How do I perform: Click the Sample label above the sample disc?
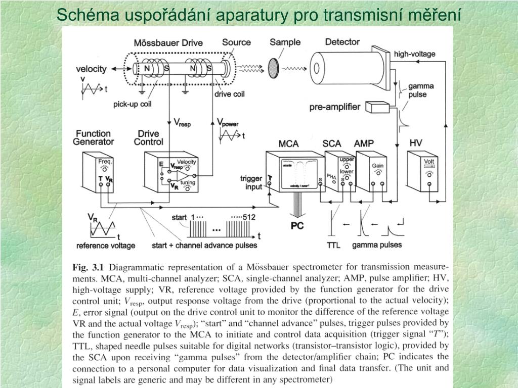click(285, 42)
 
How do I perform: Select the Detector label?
click(342, 42)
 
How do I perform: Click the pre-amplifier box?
click(375, 107)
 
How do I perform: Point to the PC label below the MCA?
click(297, 226)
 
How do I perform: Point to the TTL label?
click(333, 245)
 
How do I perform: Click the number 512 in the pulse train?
click(248, 217)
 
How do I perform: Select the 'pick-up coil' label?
click(133, 105)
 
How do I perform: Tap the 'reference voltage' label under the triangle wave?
click(106, 246)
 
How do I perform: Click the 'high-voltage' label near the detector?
click(414, 54)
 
